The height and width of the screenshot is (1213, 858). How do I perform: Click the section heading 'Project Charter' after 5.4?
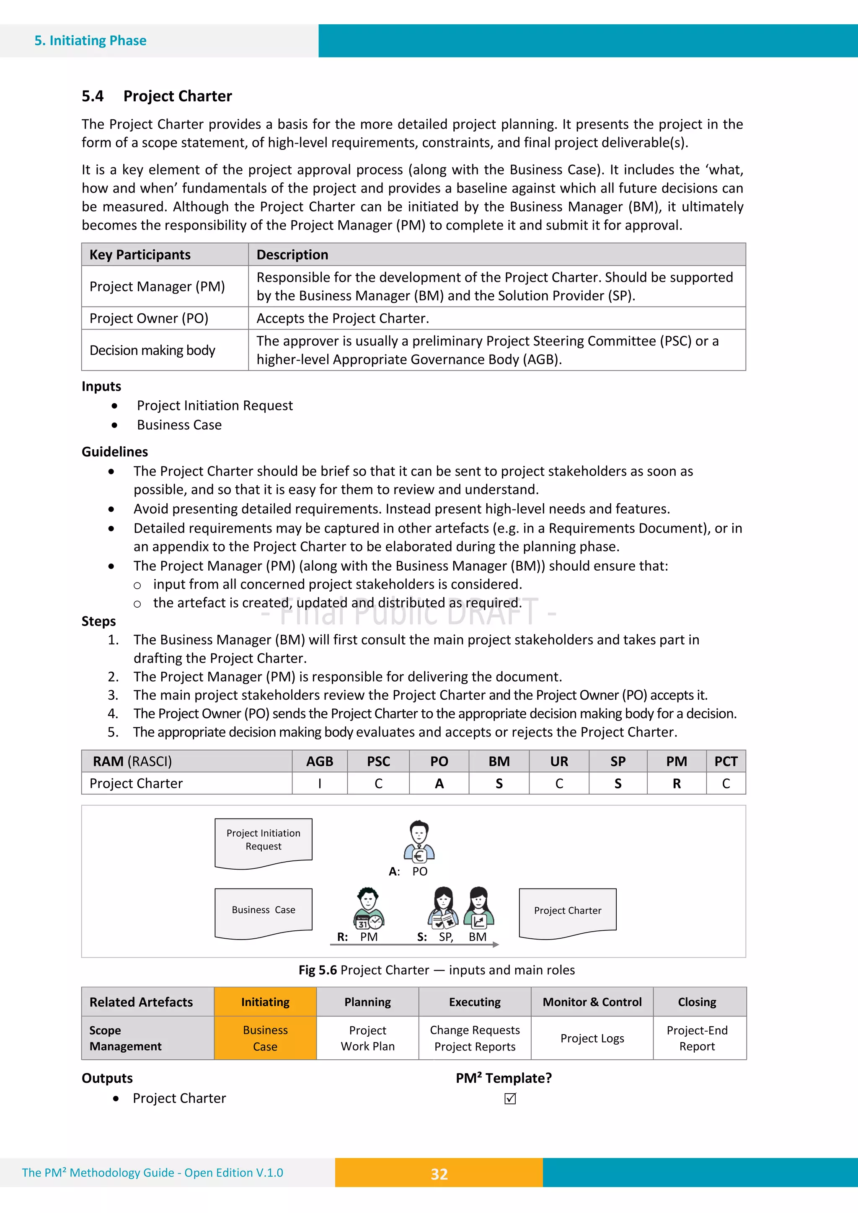pos(177,96)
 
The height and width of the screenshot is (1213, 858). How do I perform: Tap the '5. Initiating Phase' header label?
pos(90,41)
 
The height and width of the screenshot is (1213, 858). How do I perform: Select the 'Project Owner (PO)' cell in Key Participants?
pos(149,318)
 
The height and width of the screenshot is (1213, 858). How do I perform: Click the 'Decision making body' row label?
pos(152,350)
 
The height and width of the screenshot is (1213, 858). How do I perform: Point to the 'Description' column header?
pos(292,255)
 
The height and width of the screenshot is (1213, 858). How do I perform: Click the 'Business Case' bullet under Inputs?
pos(179,425)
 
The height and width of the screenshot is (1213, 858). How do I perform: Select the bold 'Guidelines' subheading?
pos(115,452)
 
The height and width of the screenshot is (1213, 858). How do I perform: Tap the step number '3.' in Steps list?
pos(113,695)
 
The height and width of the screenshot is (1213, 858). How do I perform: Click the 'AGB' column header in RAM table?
pos(319,761)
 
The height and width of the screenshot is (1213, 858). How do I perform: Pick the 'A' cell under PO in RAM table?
pos(439,783)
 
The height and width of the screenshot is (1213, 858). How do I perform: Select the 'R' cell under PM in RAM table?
pos(676,783)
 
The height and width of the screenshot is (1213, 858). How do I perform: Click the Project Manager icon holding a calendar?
pos(369,908)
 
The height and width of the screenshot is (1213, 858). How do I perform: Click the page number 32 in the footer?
pos(439,1174)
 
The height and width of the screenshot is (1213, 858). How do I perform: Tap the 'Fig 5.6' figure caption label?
pos(318,970)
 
